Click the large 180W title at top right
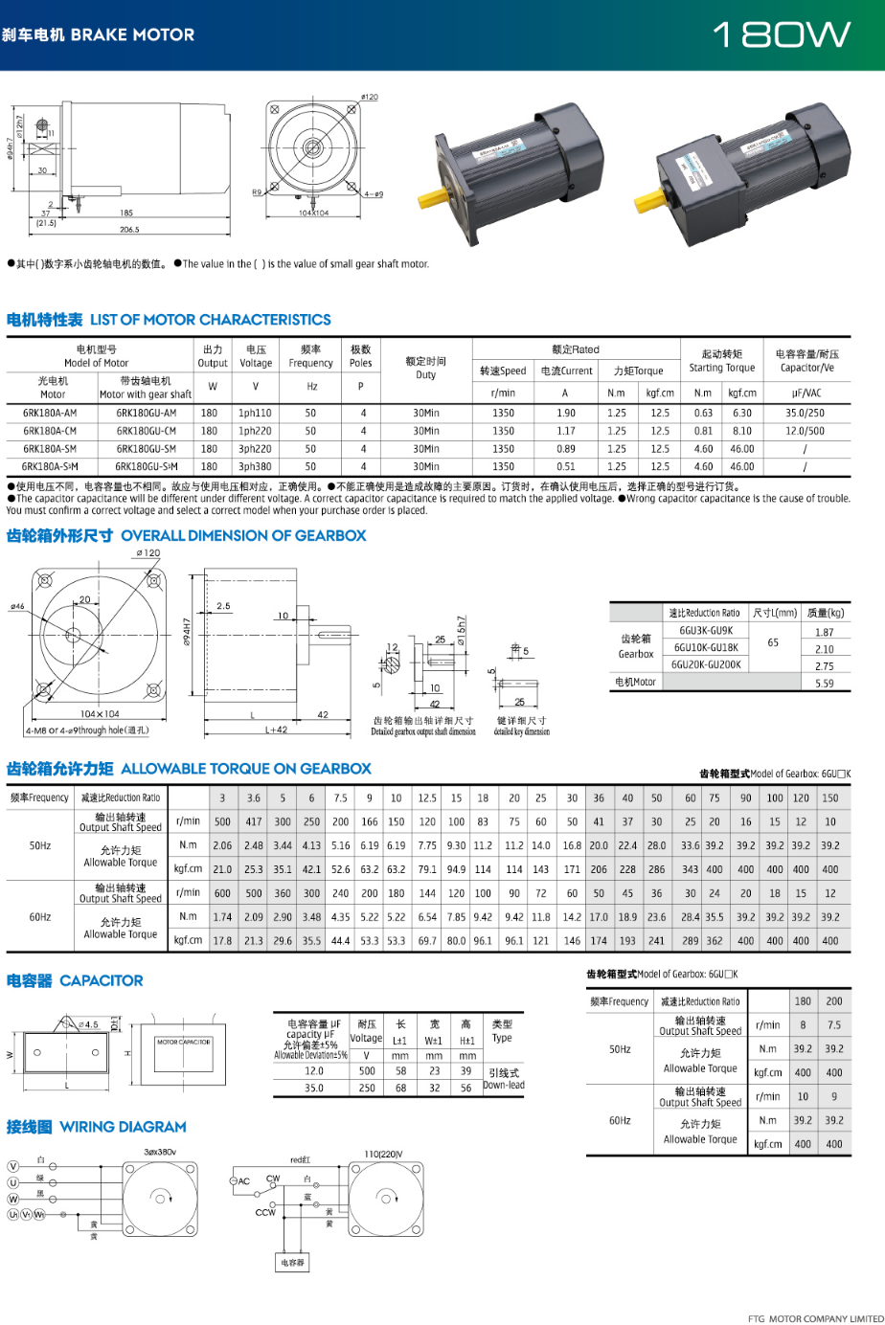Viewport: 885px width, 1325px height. point(782,35)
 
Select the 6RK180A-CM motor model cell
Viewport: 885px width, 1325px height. point(50,431)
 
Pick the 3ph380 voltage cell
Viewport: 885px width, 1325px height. point(255,467)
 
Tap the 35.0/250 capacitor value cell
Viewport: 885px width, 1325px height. point(805,414)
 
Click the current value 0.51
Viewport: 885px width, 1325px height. point(565,467)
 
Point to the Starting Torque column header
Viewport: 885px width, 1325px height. point(722,361)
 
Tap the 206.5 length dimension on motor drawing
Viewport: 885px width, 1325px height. point(129,230)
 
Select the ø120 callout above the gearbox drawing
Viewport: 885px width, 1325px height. point(147,553)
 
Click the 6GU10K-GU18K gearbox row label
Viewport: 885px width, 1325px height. point(706,648)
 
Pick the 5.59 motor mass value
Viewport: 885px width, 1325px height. point(824,684)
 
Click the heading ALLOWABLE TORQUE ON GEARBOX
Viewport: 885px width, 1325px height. point(246,769)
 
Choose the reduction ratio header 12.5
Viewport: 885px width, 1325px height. point(426,797)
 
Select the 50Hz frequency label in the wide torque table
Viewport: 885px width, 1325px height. point(40,845)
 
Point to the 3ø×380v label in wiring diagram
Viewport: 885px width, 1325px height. point(160,1152)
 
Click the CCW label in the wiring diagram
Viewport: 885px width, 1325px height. point(265,1212)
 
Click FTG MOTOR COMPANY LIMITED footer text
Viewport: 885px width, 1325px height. point(815,1318)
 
